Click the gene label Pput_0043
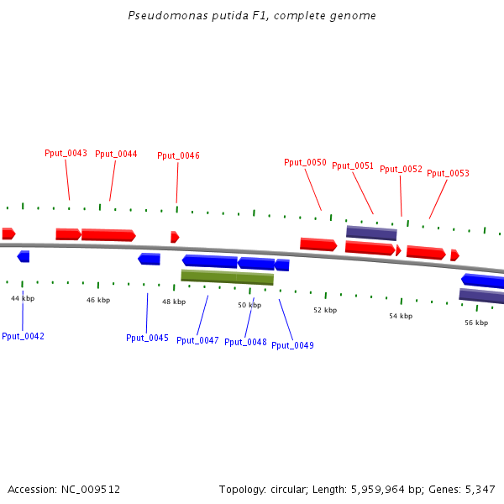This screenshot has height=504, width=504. coord(66,154)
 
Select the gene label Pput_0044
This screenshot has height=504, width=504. coord(116,155)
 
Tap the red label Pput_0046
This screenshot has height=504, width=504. coord(178,156)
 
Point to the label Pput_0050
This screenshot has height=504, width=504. coord(305,163)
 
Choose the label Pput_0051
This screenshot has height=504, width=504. coord(353,166)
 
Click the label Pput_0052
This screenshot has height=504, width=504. coord(401,170)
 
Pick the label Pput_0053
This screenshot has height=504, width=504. coord(448,174)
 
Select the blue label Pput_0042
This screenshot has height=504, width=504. coord(23,336)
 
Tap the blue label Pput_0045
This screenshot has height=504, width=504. coord(147,338)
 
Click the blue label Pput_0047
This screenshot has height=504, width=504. coord(197,340)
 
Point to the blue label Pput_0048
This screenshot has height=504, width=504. coord(245,342)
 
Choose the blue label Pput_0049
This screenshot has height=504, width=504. coord(292,345)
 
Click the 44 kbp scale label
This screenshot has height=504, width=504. coord(23,298)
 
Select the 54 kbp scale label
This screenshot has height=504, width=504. coord(401,316)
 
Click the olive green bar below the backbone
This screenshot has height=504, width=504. coord(227,277)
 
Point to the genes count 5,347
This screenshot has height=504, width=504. coord(478,489)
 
